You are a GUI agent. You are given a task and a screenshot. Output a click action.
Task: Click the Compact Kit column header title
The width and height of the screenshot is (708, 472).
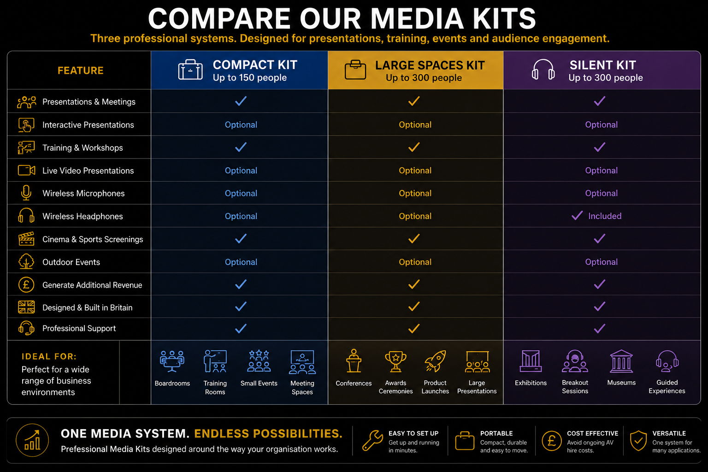click(255, 65)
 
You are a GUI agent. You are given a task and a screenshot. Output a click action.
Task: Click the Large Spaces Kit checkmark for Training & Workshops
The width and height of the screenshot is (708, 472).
click(414, 147)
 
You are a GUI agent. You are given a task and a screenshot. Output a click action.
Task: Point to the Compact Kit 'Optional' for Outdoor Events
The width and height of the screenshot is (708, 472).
click(241, 262)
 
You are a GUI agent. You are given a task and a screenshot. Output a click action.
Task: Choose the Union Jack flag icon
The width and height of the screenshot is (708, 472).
click(26, 307)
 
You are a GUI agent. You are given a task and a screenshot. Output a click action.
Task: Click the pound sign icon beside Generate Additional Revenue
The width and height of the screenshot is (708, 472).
click(26, 284)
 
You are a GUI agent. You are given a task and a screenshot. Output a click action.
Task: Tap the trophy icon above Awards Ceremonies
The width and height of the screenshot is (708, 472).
click(395, 361)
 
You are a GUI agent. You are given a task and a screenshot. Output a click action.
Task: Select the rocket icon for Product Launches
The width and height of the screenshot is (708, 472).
click(435, 361)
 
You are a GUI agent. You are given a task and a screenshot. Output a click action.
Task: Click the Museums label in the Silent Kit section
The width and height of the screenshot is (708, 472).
click(621, 383)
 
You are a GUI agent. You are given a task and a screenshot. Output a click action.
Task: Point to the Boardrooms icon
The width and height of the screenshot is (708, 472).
click(172, 361)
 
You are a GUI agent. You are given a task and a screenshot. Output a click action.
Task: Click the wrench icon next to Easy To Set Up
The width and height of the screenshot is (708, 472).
click(372, 440)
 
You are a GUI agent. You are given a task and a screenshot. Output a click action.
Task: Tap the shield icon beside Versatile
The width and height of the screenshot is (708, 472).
click(638, 440)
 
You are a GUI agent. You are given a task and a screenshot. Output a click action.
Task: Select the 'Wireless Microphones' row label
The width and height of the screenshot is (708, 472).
click(83, 194)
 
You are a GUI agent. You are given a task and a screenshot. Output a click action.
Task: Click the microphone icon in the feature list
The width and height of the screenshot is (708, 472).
click(26, 193)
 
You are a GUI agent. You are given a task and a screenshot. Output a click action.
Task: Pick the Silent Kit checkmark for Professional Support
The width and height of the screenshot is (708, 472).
click(599, 329)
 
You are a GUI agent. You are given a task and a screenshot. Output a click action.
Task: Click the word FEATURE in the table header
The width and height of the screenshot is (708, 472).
click(80, 70)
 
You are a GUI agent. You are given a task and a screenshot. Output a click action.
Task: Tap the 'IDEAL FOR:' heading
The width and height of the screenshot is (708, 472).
click(49, 356)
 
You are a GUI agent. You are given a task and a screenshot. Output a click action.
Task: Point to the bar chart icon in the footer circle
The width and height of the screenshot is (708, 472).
click(32, 440)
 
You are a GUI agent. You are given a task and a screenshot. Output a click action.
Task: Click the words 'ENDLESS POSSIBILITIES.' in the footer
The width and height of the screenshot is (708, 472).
click(268, 433)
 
